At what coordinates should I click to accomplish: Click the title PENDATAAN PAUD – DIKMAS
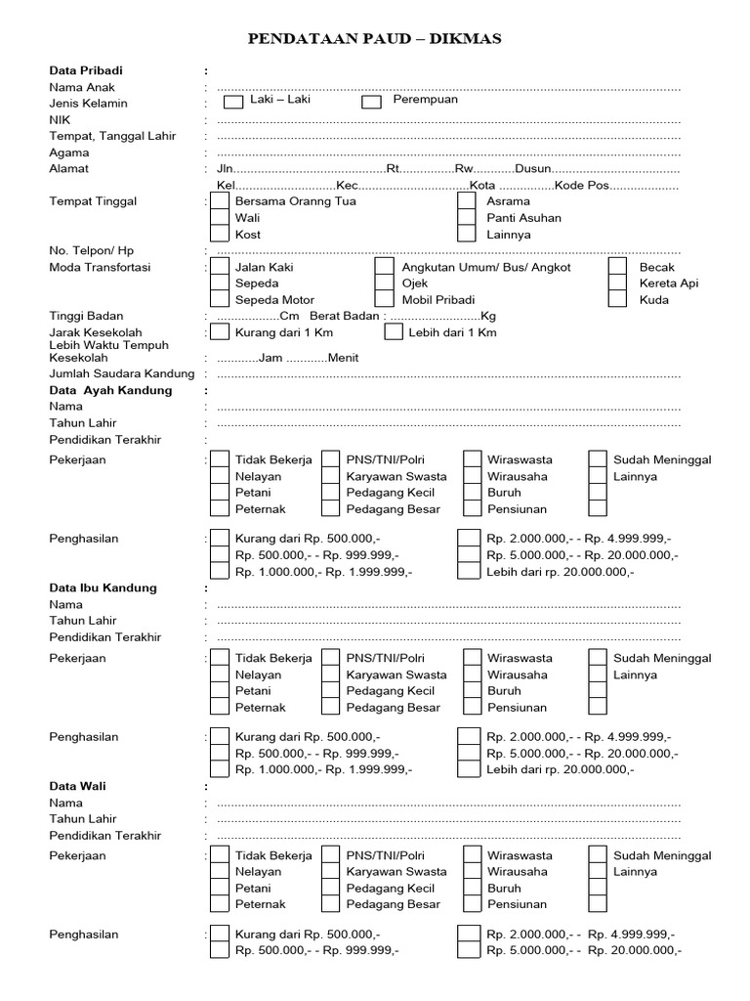pyautogui.click(x=375, y=39)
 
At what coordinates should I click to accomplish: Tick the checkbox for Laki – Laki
pyautogui.click(x=233, y=102)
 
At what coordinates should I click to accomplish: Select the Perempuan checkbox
pyautogui.click(x=371, y=102)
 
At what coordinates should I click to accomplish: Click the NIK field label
pyautogui.click(x=60, y=119)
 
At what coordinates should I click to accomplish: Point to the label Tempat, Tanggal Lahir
pyautogui.click(x=112, y=136)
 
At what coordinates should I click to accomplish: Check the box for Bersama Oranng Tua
pyautogui.click(x=220, y=201)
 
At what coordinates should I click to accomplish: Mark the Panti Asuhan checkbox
pyautogui.click(x=467, y=218)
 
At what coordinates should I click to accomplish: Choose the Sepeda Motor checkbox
pyautogui.click(x=220, y=300)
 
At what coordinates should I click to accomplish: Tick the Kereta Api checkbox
pyautogui.click(x=617, y=283)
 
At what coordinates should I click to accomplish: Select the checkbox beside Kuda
pyautogui.click(x=617, y=300)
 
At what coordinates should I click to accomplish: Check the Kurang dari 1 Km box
pyautogui.click(x=220, y=332)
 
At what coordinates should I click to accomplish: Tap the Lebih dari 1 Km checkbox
pyautogui.click(x=394, y=332)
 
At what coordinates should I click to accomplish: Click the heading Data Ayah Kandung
pyautogui.click(x=110, y=390)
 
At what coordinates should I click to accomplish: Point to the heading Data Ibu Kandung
pyautogui.click(x=103, y=588)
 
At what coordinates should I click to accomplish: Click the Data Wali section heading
pyautogui.click(x=78, y=786)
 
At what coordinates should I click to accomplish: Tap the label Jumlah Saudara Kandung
pyautogui.click(x=122, y=373)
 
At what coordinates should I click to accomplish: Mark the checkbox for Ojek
pyautogui.click(x=385, y=283)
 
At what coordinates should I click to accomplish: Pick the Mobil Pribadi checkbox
pyautogui.click(x=385, y=300)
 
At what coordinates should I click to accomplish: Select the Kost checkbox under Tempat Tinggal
pyautogui.click(x=220, y=235)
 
